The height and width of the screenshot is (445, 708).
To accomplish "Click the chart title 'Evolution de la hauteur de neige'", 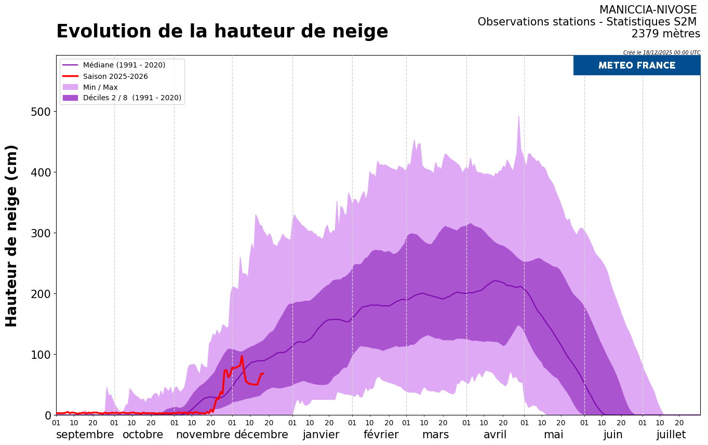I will [222, 32].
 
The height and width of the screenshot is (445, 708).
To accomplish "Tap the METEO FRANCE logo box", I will [636, 65].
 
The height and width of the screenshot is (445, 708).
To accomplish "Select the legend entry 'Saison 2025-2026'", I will [115, 76].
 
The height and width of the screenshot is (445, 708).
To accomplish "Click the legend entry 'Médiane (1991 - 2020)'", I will [124, 65].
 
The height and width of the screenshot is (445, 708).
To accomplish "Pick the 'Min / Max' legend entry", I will [100, 87].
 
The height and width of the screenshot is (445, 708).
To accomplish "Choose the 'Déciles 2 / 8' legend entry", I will [132, 98].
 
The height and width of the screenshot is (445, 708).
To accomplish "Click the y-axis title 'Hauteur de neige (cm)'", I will [11, 235].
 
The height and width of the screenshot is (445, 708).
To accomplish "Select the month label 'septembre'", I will [85, 435].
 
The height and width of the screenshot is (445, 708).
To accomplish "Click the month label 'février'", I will [381, 435].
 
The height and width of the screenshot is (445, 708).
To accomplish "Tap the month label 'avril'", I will [495, 435].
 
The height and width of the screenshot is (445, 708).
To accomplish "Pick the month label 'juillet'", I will [671, 435].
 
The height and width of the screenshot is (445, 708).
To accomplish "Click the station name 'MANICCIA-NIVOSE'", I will [648, 10].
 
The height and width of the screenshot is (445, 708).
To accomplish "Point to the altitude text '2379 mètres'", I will [665, 34].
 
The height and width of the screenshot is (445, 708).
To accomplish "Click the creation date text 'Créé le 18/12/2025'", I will [661, 52].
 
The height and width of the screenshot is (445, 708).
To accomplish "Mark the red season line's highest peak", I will [242, 356].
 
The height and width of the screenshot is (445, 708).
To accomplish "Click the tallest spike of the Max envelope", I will [518, 116].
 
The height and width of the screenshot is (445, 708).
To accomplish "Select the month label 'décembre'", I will [261, 435].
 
